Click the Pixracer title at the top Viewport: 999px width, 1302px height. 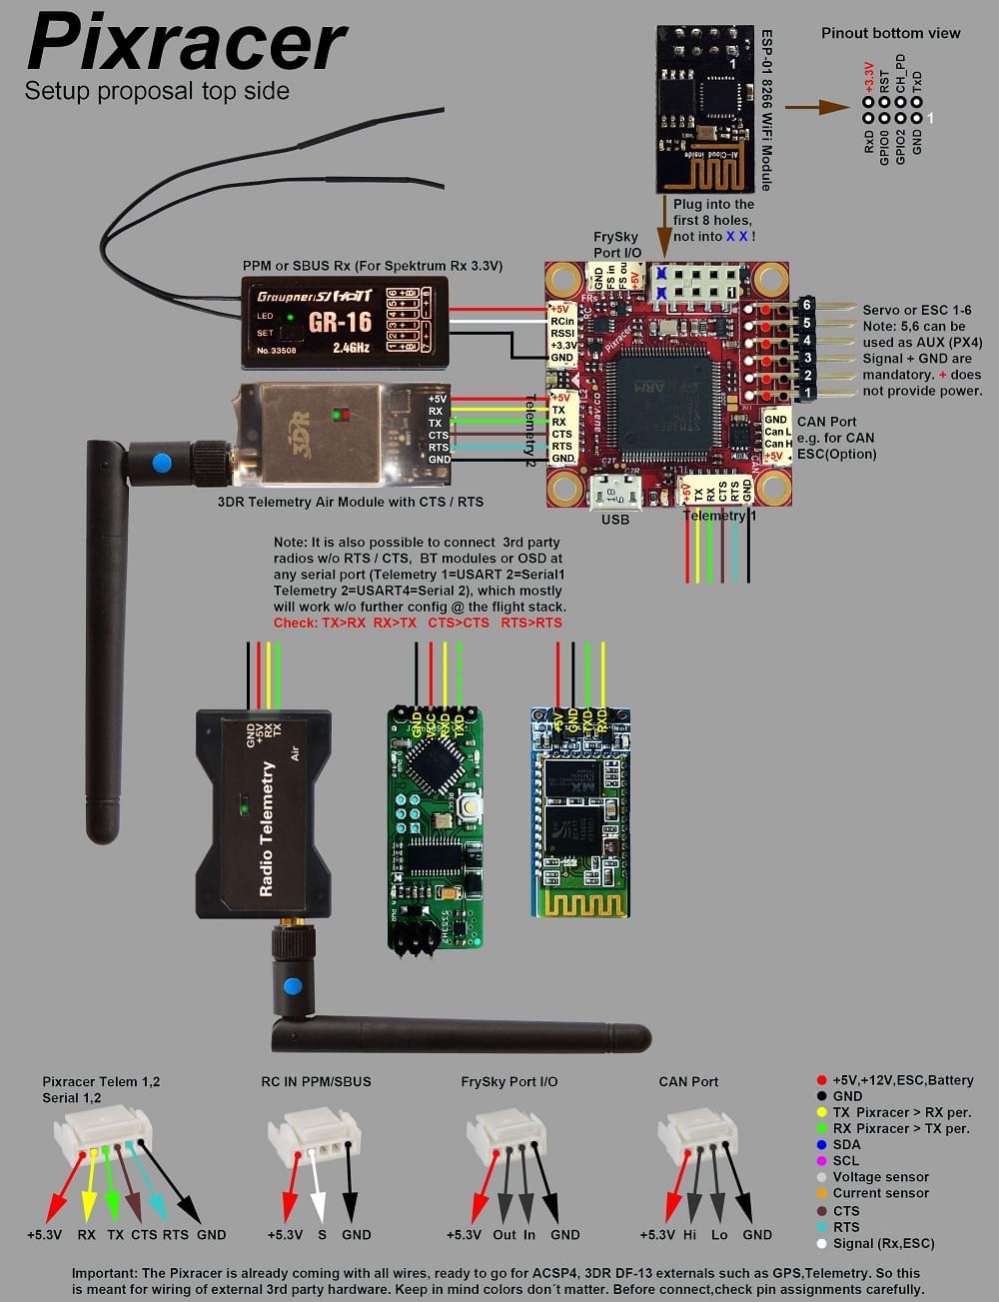186,44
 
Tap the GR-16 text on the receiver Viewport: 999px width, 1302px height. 340,323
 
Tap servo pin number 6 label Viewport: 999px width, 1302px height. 807,306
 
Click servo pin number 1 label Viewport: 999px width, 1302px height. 807,394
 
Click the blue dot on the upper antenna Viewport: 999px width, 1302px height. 159,463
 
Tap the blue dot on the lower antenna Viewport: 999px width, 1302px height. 293,987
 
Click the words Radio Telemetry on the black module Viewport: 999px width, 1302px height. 267,828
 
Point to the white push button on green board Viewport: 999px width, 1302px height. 468,805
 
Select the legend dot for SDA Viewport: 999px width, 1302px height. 821,1145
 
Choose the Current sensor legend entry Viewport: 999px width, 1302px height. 880,1193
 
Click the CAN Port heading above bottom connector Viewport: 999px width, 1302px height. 688,1081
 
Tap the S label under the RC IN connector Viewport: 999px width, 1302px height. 322,1234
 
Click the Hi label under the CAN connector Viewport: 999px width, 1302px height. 689,1234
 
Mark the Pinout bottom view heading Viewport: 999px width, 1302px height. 890,33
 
